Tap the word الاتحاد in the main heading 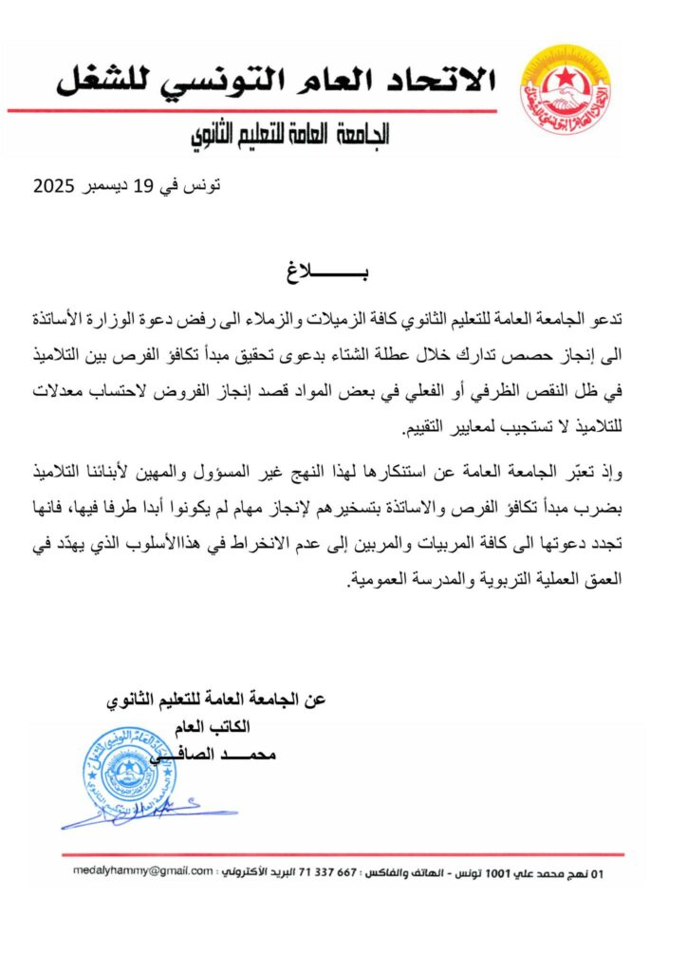point(444,80)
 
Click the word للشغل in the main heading point(103,80)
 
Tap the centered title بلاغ point(343,275)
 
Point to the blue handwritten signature point(142,812)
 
